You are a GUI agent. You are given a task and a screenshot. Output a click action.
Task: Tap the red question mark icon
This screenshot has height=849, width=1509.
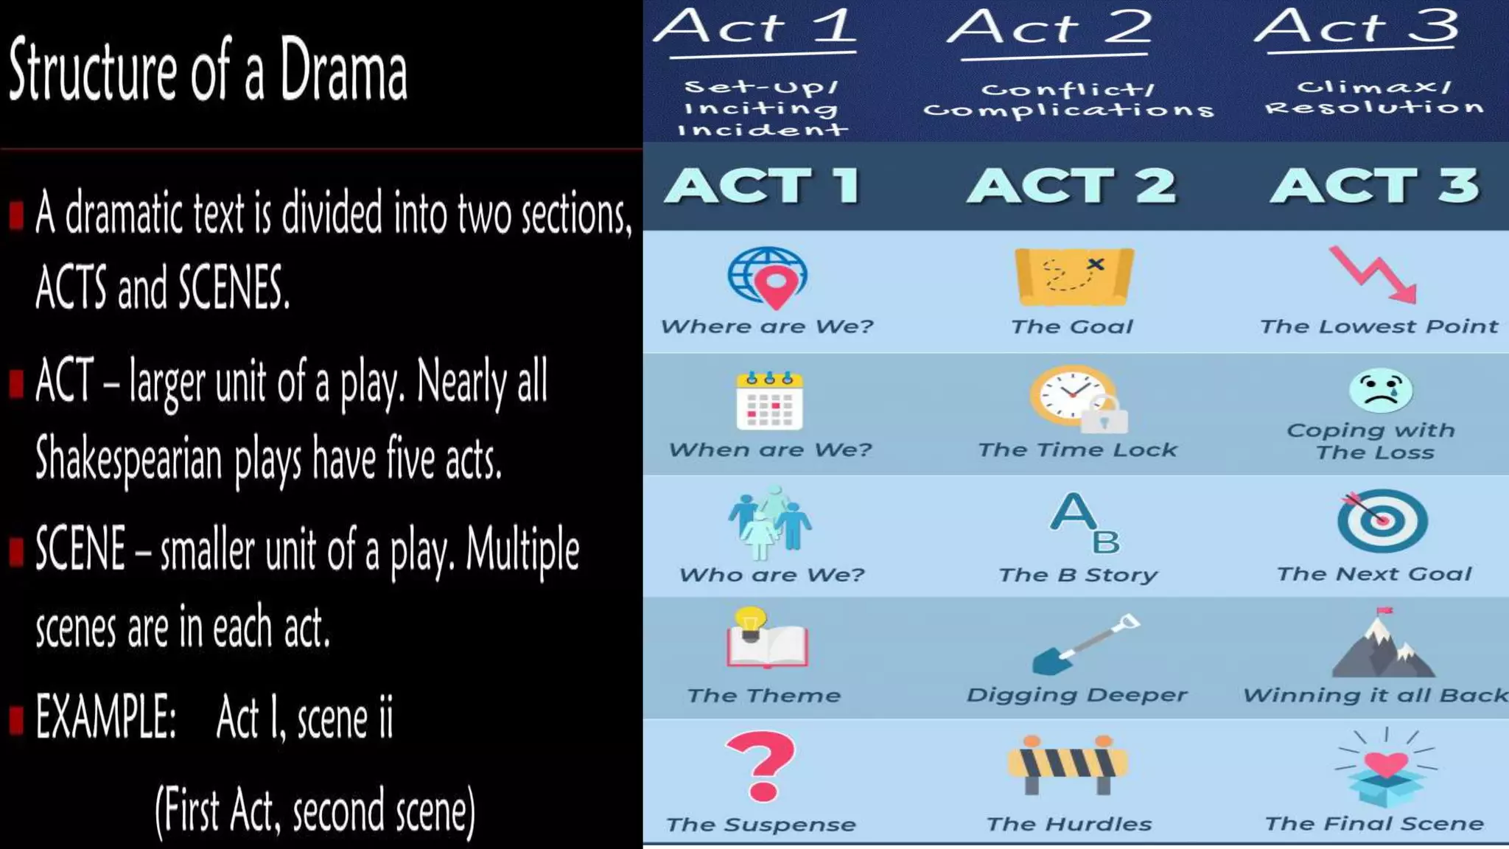761,766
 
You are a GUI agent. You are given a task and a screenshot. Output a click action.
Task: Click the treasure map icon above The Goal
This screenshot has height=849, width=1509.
1074,277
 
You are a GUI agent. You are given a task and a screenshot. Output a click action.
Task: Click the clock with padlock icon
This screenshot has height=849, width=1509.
1078,399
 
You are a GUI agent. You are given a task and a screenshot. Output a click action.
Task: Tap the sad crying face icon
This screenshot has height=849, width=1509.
1380,390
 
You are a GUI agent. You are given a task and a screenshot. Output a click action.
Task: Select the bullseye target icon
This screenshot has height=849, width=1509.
1382,520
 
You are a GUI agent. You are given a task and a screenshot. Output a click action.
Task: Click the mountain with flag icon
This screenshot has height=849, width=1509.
1382,644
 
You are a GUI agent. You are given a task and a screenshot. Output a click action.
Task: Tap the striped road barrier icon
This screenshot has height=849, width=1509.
1068,764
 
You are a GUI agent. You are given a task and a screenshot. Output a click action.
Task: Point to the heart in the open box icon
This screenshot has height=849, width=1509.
1385,770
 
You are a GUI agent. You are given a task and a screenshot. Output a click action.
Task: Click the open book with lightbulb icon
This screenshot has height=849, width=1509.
766,638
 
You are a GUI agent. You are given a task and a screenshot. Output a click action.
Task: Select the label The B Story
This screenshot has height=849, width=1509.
1077,575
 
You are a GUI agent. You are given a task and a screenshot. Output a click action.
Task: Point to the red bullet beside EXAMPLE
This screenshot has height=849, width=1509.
16,719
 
